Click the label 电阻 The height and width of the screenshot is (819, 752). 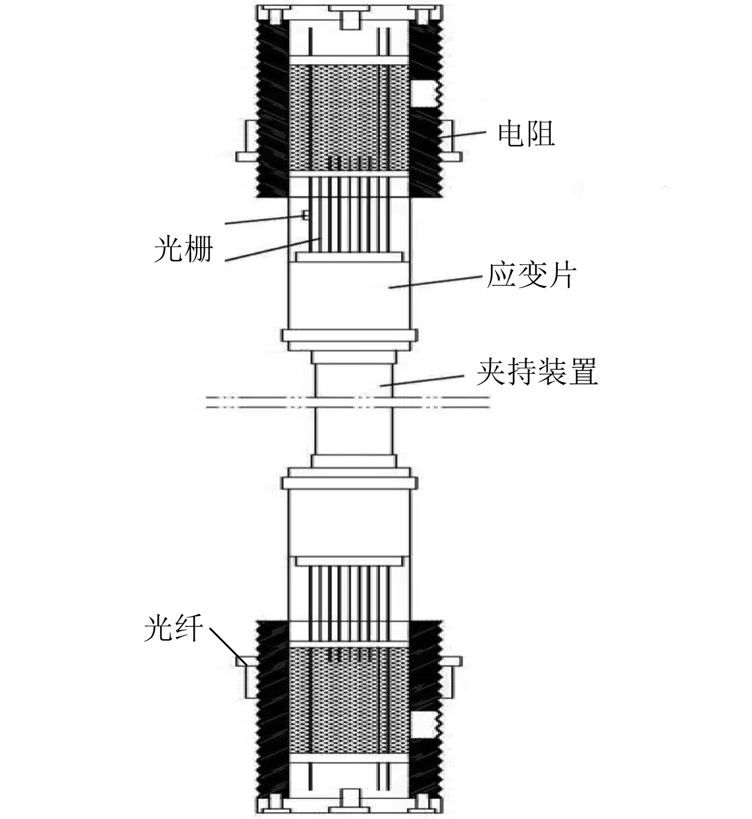526,134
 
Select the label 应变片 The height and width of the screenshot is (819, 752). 531,276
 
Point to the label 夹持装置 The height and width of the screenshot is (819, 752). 537,372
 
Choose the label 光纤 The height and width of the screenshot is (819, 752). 173,630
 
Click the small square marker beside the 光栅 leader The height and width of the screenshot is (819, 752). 305,215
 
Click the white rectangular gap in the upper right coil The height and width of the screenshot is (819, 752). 424,94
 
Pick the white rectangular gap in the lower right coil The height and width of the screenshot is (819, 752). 424,725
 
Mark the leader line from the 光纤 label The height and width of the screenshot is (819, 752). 229,644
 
